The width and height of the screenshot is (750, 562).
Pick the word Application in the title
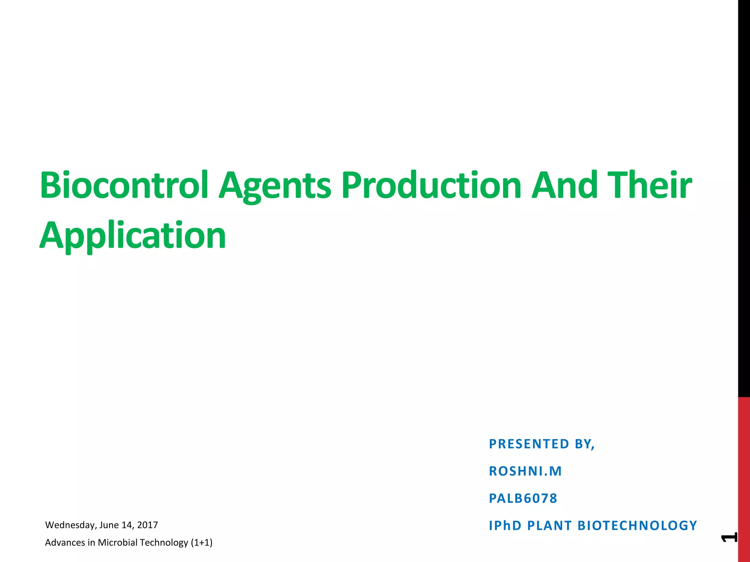tap(133, 236)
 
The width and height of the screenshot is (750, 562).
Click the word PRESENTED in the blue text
tap(529, 444)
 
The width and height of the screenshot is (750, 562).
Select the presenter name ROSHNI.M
tap(525, 471)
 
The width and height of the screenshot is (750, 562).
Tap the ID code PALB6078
tap(523, 498)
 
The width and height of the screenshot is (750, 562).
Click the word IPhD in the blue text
tap(505, 525)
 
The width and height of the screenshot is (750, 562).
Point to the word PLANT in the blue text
tap(549, 525)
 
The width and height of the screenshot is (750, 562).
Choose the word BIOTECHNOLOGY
tap(637, 525)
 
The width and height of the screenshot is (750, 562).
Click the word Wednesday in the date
tap(70, 525)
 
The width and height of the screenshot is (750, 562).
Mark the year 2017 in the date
tap(147, 525)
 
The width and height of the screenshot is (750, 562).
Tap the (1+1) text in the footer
tap(201, 542)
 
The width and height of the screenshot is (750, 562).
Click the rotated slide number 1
tap(729, 537)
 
